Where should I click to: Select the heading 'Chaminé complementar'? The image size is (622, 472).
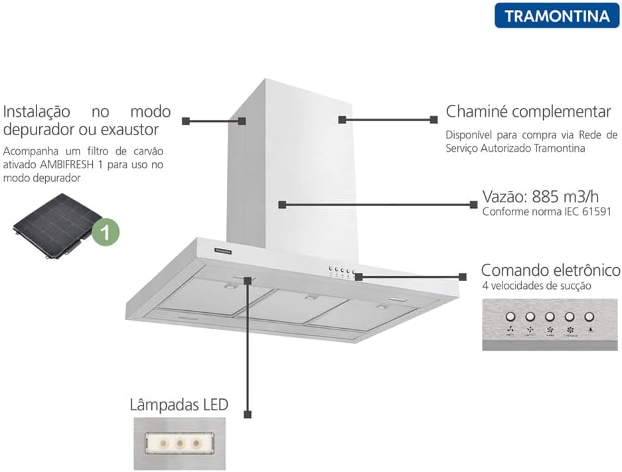pyautogui.click(x=528, y=111)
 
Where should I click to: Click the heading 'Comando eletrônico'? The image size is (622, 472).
pyautogui.click(x=550, y=270)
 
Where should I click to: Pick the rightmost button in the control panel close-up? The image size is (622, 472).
pyautogui.click(x=590, y=317)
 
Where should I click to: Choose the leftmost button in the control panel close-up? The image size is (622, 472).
pyautogui.click(x=510, y=317)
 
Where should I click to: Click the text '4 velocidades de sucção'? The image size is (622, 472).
pyautogui.click(x=536, y=286)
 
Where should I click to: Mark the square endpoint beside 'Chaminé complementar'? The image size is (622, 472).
pyautogui.click(x=433, y=120)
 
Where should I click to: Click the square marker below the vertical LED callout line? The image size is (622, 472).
pyautogui.click(x=248, y=414)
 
